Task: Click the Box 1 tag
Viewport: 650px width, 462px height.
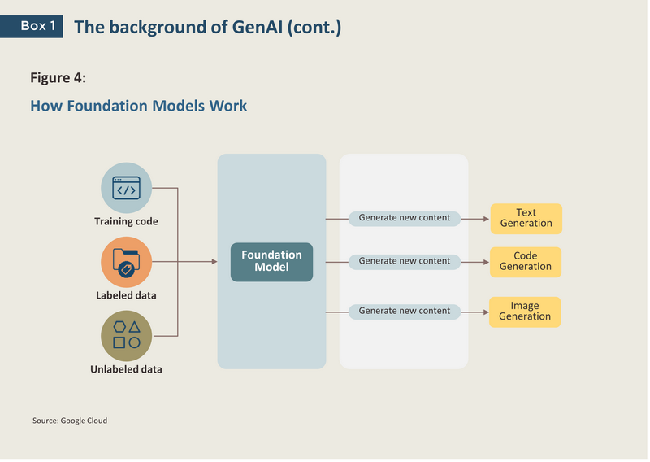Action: point(32,27)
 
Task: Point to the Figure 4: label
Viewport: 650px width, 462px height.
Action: point(58,77)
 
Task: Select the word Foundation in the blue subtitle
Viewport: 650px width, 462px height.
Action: point(107,106)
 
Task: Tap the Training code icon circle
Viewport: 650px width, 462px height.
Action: point(127,188)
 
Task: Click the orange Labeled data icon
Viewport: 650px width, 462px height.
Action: point(127,263)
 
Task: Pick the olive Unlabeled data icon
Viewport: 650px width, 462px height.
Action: point(127,336)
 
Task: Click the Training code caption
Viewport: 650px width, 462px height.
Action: point(126,221)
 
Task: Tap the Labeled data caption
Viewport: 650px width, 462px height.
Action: point(126,295)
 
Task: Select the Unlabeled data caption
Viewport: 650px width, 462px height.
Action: point(126,369)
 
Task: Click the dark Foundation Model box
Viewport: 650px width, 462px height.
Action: point(271,262)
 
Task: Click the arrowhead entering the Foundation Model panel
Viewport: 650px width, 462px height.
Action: point(214,262)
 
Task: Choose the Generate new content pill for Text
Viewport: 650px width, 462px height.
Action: point(404,218)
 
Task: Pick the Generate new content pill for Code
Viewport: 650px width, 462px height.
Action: point(404,262)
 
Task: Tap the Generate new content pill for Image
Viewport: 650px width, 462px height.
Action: point(404,312)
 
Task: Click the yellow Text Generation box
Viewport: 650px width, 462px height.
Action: point(526,219)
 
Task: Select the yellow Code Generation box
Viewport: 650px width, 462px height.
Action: point(526,262)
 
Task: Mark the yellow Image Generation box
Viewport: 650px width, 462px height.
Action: point(525,312)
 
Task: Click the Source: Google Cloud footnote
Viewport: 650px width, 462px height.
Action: point(70,421)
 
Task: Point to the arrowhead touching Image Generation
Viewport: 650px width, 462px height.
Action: point(486,312)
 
